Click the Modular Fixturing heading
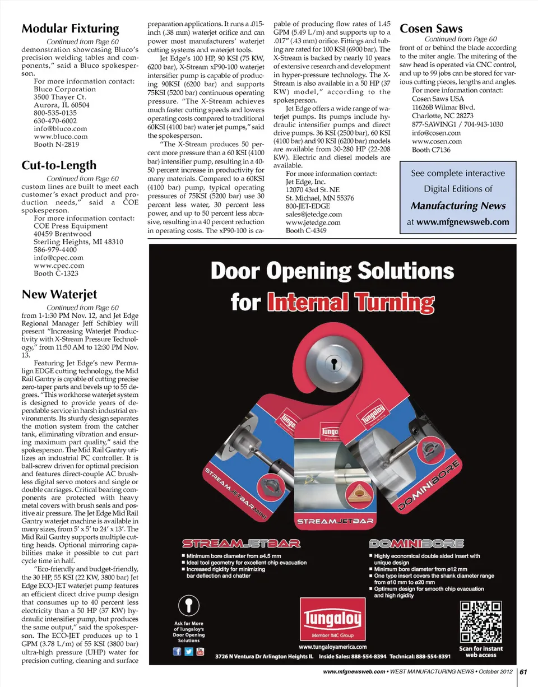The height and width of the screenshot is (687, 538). coord(70,29)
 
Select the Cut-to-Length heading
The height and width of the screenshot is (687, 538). coord(59,165)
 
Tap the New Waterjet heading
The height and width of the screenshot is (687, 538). coord(59,294)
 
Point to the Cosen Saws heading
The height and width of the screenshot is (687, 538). coord(431,29)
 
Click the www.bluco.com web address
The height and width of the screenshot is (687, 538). coord(61,136)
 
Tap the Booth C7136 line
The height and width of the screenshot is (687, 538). coord(432,150)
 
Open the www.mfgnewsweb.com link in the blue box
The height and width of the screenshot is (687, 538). coord(462,222)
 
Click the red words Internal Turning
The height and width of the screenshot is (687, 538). coord(351,303)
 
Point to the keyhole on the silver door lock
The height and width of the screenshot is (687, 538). coord(334,362)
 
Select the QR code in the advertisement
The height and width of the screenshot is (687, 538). coord(480,623)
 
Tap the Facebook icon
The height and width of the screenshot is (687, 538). coord(177,652)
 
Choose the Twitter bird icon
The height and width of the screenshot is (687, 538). coord(188,652)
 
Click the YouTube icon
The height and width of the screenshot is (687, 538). coord(199,652)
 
